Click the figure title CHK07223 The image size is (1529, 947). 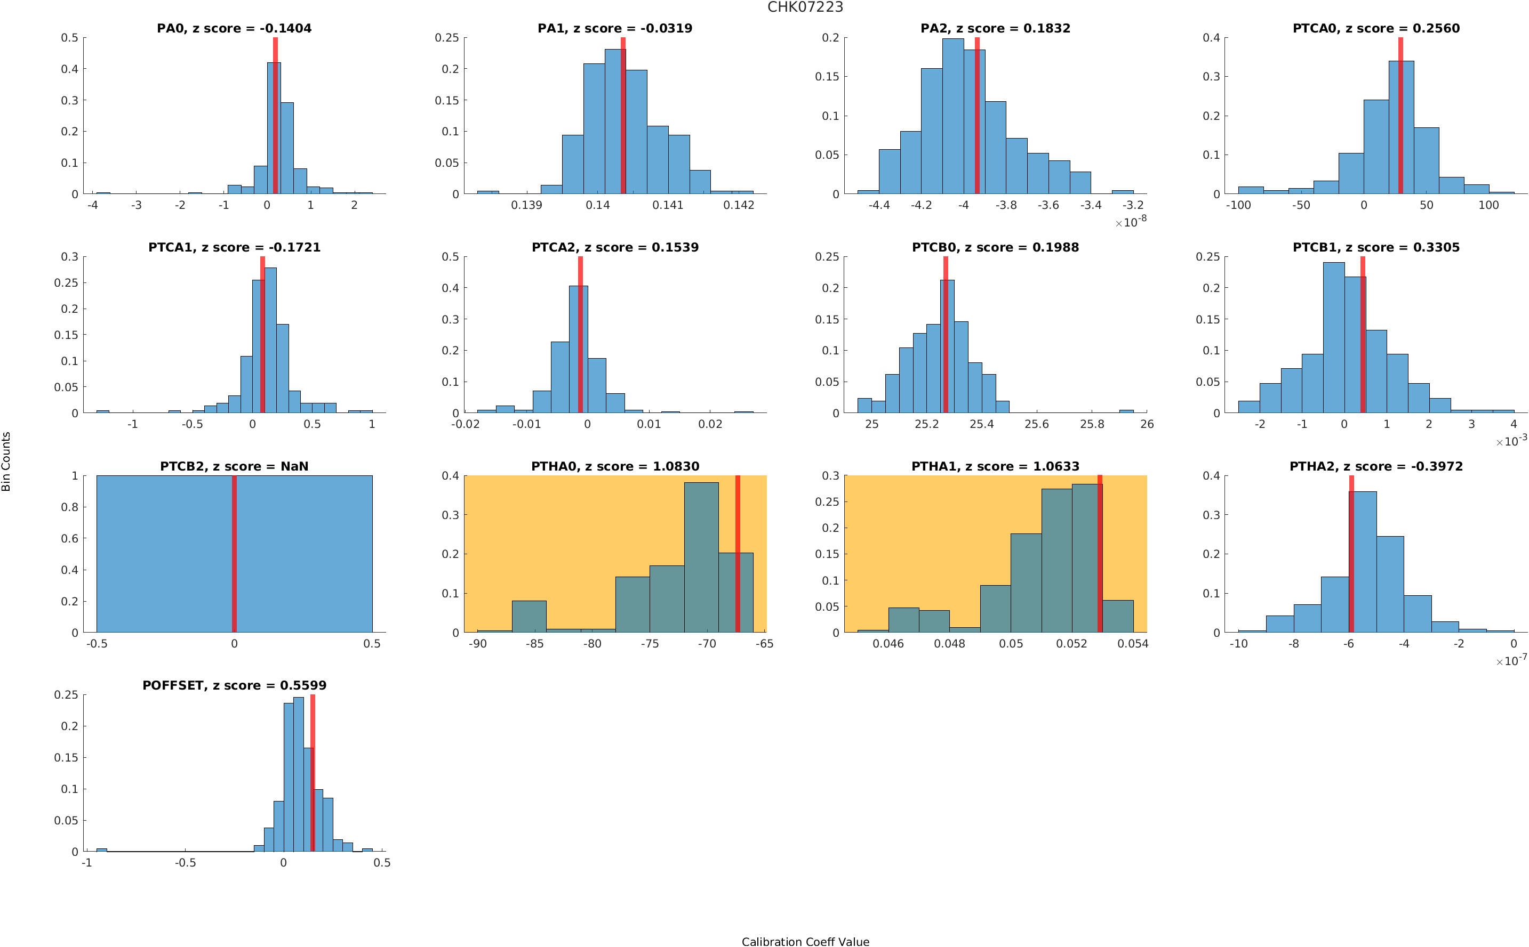[x=805, y=7]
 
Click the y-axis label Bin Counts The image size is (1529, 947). [x=6, y=461]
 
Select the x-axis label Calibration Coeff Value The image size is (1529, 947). [x=805, y=941]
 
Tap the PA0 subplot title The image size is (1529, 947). [x=234, y=28]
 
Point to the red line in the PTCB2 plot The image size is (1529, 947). [x=234, y=554]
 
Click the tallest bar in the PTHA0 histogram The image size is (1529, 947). [x=701, y=557]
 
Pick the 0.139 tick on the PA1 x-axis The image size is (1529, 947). [x=526, y=205]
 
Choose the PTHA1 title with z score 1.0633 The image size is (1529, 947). [x=995, y=467]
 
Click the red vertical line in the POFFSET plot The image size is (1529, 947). [x=312, y=773]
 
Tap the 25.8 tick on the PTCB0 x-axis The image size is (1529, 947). [x=1092, y=425]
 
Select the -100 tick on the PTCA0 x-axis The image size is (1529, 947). [x=1238, y=205]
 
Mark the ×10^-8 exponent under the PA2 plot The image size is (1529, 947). [x=1131, y=222]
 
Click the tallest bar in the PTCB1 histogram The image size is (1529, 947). [x=1333, y=338]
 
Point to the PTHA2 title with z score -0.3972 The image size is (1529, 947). [x=1375, y=467]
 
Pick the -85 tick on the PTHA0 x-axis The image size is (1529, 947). [x=534, y=644]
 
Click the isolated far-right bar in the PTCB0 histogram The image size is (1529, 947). [x=1126, y=411]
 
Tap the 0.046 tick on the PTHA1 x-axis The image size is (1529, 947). [x=888, y=644]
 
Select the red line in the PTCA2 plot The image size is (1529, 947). [x=580, y=335]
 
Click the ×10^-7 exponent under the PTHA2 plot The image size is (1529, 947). [x=1511, y=661]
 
